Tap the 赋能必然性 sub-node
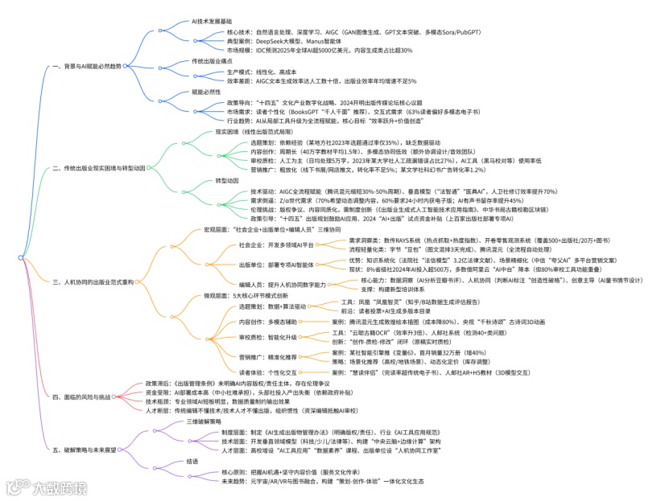[206, 92]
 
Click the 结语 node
[192, 462]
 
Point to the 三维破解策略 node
[204, 421]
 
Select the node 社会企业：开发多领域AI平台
[277, 244]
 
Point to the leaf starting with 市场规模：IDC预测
[320, 50]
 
